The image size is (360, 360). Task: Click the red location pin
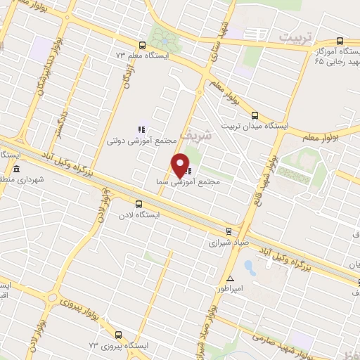pos(181,165)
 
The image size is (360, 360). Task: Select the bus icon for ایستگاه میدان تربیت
pos(255,116)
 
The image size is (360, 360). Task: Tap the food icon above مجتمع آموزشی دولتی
pos(141,129)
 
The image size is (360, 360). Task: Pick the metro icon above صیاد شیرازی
pos(229,231)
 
